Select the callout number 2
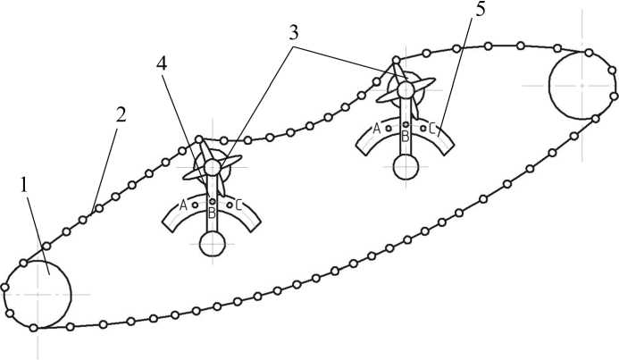pos(121,114)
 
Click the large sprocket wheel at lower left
pos(38,294)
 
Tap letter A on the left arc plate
pos(183,205)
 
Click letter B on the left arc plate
pos(212,213)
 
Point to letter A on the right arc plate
pos(377,129)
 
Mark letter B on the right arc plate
pos(405,136)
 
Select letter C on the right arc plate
pos(432,128)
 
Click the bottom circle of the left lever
pos(213,244)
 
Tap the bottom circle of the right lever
pos(406,166)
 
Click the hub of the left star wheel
pos(212,166)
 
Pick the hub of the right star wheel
pos(406,88)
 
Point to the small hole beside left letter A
pos(195,205)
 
